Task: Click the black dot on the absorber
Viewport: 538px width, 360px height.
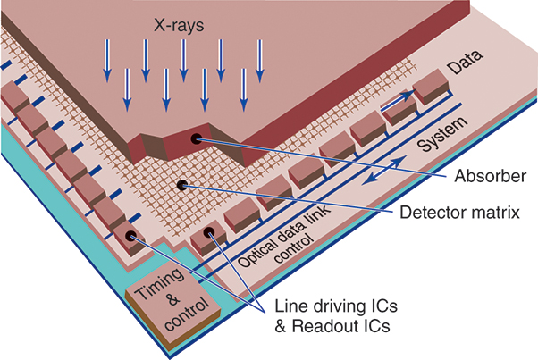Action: point(196,139)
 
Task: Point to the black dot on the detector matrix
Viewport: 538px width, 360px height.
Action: point(182,185)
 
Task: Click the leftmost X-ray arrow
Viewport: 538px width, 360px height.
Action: point(106,64)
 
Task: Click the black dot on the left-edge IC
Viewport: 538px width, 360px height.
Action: point(131,236)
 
